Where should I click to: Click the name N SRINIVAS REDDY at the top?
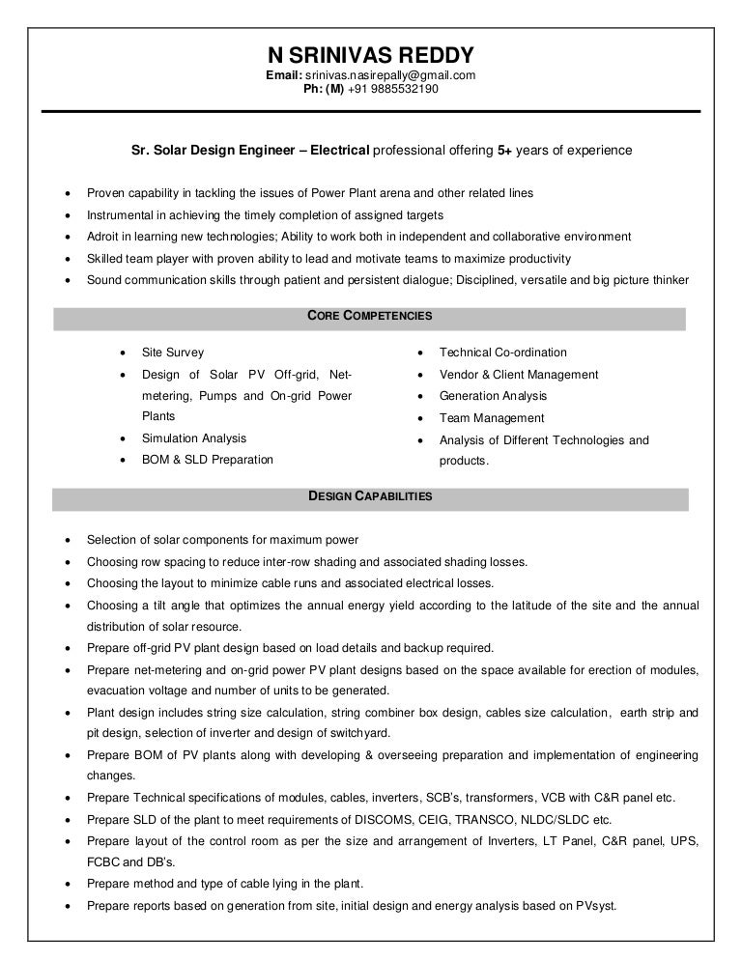point(371,55)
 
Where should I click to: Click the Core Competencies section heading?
point(369,316)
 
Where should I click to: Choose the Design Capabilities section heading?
point(369,496)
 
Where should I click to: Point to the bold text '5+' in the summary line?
point(505,151)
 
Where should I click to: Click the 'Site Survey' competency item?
point(173,353)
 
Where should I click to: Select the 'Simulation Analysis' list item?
point(193,438)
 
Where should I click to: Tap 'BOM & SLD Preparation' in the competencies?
point(207,460)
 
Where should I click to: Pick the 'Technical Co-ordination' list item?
point(502,353)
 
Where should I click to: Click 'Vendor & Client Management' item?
point(518,375)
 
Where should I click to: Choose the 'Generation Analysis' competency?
point(493,396)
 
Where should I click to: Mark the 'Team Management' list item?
point(492,418)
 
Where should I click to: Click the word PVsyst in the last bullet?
point(594,906)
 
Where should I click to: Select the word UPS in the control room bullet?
point(687,841)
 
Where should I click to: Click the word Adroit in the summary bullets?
point(103,237)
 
